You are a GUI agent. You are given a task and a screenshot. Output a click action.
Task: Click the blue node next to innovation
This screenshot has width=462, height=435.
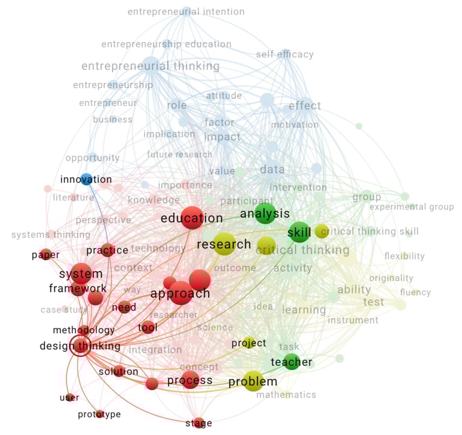87,178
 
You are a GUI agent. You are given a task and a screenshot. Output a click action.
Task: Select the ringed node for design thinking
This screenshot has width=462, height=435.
80,346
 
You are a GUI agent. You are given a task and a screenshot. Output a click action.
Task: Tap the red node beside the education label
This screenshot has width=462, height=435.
192,218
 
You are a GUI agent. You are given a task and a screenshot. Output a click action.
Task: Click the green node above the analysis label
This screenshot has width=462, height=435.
265,213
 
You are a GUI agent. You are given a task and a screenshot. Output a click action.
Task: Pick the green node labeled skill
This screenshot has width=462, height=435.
299,232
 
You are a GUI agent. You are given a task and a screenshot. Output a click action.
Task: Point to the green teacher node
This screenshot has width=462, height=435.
292,362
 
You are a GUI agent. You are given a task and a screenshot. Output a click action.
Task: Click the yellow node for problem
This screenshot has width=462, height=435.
253,381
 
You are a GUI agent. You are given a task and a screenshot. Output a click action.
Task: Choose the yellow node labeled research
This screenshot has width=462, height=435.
224,243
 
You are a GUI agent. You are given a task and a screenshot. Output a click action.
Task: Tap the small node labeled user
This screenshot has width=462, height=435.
70,397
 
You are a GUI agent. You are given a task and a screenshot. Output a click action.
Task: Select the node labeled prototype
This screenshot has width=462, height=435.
99,414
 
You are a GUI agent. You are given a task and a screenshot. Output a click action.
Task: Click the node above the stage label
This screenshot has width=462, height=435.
199,422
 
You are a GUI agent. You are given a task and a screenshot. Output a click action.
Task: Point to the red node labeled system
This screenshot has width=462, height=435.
81,274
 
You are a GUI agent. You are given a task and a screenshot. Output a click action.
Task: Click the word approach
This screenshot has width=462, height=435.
180,294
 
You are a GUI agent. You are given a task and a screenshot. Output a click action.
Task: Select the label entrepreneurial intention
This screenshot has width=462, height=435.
186,11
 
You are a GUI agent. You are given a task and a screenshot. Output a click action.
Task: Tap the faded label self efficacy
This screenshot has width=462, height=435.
285,55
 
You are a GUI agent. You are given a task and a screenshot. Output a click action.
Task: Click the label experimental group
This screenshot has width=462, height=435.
411,207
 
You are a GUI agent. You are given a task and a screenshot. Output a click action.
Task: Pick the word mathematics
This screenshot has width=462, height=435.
286,395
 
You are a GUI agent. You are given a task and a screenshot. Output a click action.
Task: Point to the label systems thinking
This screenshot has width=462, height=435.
51,234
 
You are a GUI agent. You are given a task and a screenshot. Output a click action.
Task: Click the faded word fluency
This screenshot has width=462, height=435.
415,293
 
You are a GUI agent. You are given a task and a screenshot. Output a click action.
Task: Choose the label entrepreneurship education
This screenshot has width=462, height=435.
166,44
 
